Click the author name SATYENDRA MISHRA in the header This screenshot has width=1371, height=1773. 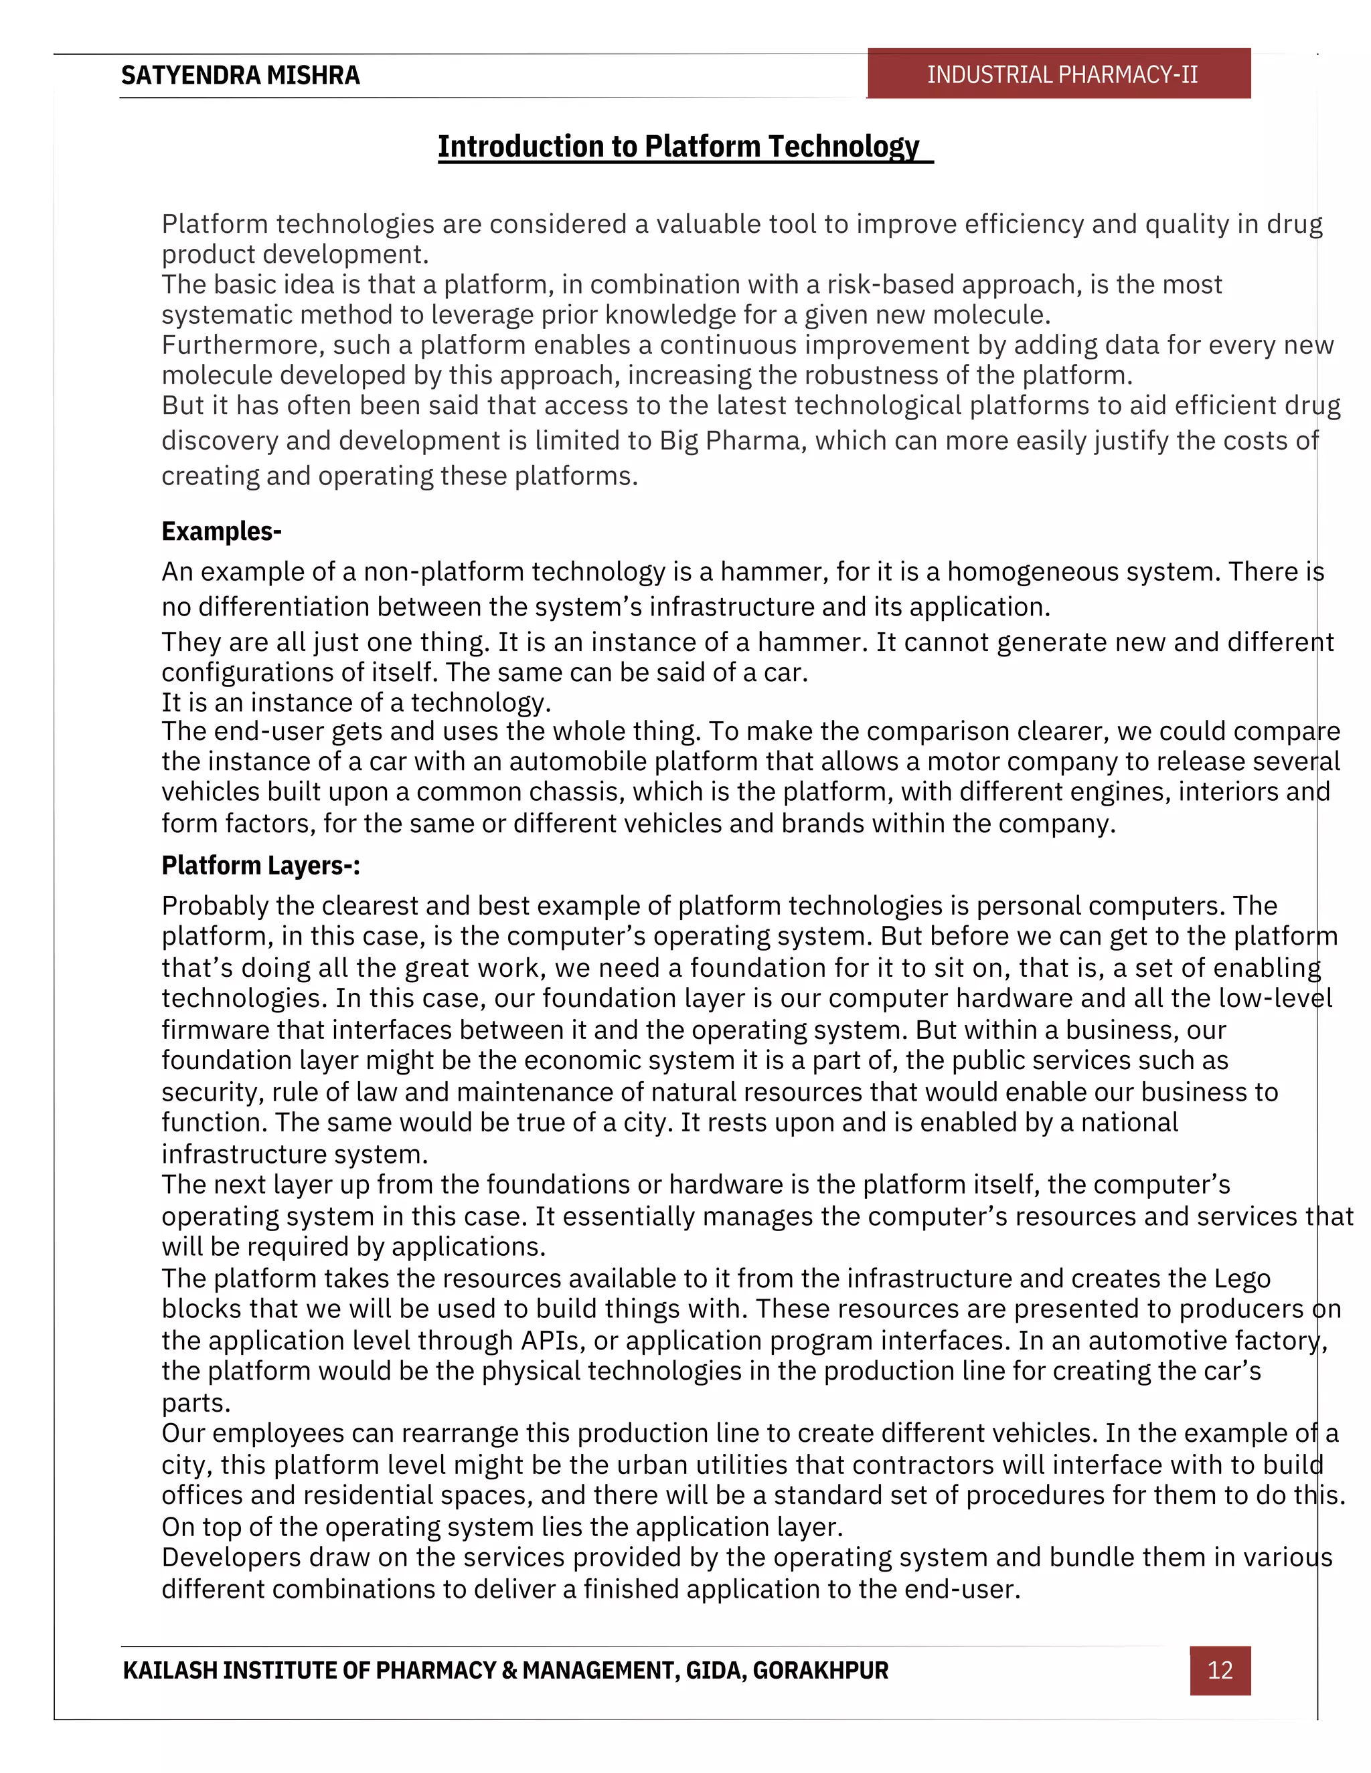(x=240, y=76)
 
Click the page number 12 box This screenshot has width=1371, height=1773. (x=1220, y=1670)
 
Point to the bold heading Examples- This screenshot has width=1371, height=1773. (x=221, y=531)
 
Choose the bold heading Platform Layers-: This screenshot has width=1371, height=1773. (x=260, y=865)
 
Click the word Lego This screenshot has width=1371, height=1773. (x=1242, y=1279)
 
